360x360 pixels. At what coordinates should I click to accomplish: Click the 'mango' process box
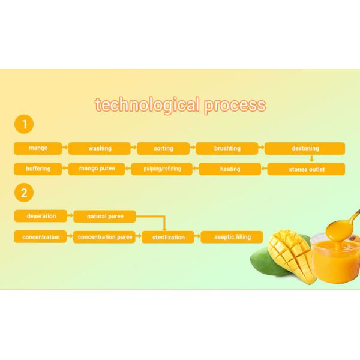pyautogui.click(x=38, y=148)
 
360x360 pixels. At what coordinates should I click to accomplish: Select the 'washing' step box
pyautogui.click(x=100, y=148)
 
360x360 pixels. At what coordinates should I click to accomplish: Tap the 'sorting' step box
pyautogui.click(x=163, y=148)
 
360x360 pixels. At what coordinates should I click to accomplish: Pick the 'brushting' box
pyautogui.click(x=227, y=148)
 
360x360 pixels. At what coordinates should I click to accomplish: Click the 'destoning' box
pyautogui.click(x=305, y=148)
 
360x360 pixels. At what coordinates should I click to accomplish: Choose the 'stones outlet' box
pyautogui.click(x=306, y=169)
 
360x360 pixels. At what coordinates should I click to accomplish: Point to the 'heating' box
pyautogui.click(x=230, y=169)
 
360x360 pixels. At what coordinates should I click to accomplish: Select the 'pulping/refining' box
pyautogui.click(x=162, y=169)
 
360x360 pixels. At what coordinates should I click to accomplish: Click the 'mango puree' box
pyautogui.click(x=97, y=169)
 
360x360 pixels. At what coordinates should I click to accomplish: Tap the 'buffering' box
pyautogui.click(x=38, y=169)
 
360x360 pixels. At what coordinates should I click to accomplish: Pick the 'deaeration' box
pyautogui.click(x=41, y=216)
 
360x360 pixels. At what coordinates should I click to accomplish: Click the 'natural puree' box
pyautogui.click(x=105, y=216)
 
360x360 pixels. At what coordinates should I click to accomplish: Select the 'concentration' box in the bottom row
pyautogui.click(x=41, y=237)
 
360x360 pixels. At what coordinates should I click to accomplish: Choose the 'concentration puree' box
pyautogui.click(x=105, y=237)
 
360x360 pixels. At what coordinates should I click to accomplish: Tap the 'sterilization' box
pyautogui.click(x=168, y=238)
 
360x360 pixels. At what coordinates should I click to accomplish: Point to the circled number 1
pyautogui.click(x=24, y=125)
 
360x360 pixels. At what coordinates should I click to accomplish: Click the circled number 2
pyautogui.click(x=24, y=193)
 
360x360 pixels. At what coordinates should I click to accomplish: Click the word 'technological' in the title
pyautogui.click(x=146, y=106)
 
